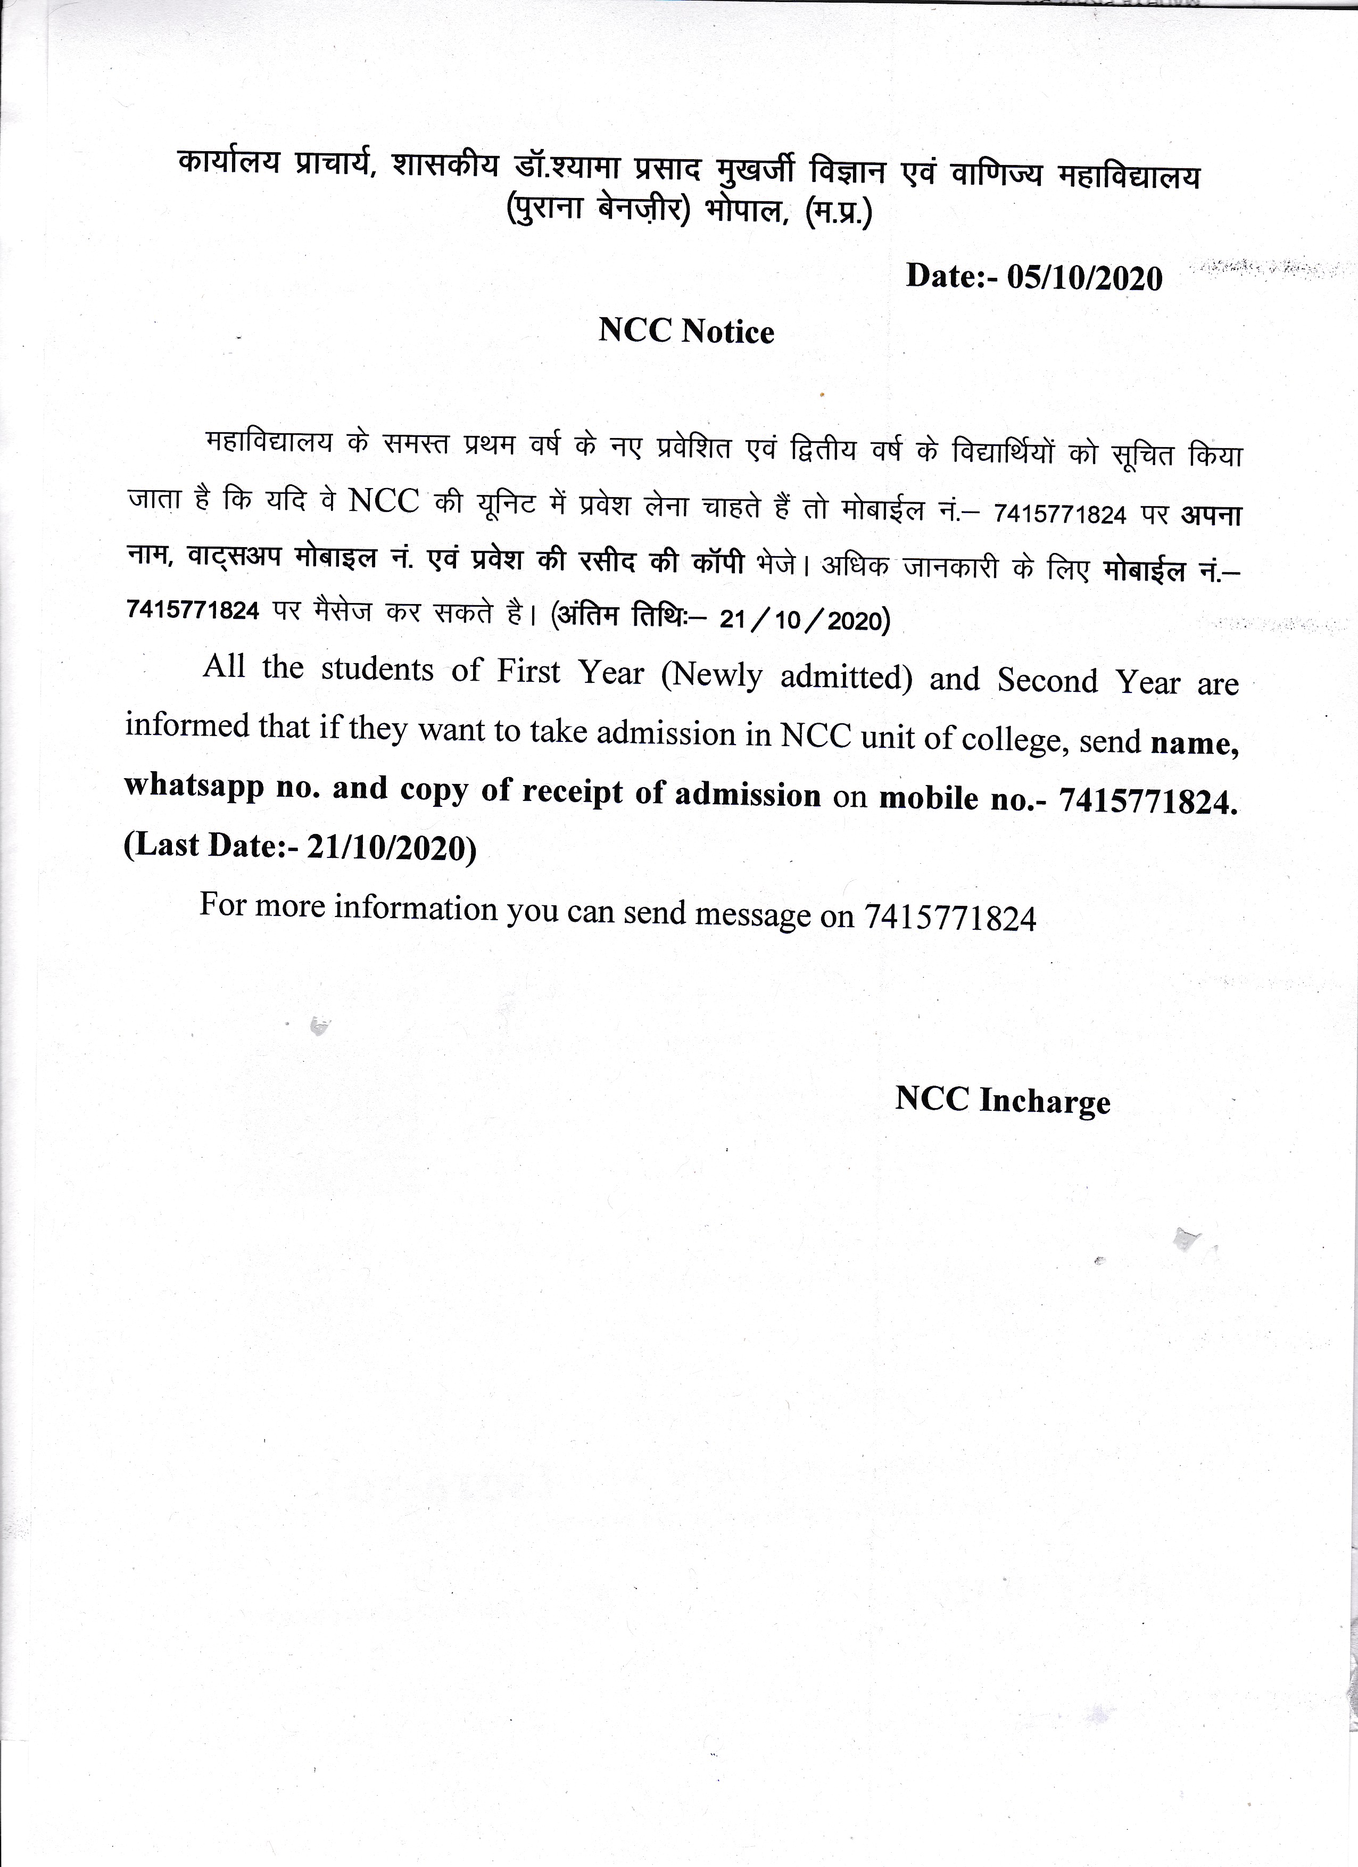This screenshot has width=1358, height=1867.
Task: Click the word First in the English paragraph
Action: tap(528, 671)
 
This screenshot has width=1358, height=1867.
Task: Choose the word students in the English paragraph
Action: tap(377, 668)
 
